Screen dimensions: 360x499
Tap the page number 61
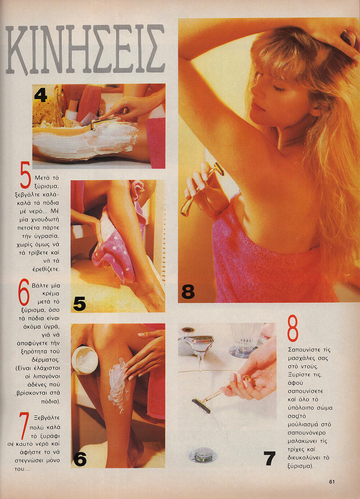point(332,481)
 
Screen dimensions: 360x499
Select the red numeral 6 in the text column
point(24,294)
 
